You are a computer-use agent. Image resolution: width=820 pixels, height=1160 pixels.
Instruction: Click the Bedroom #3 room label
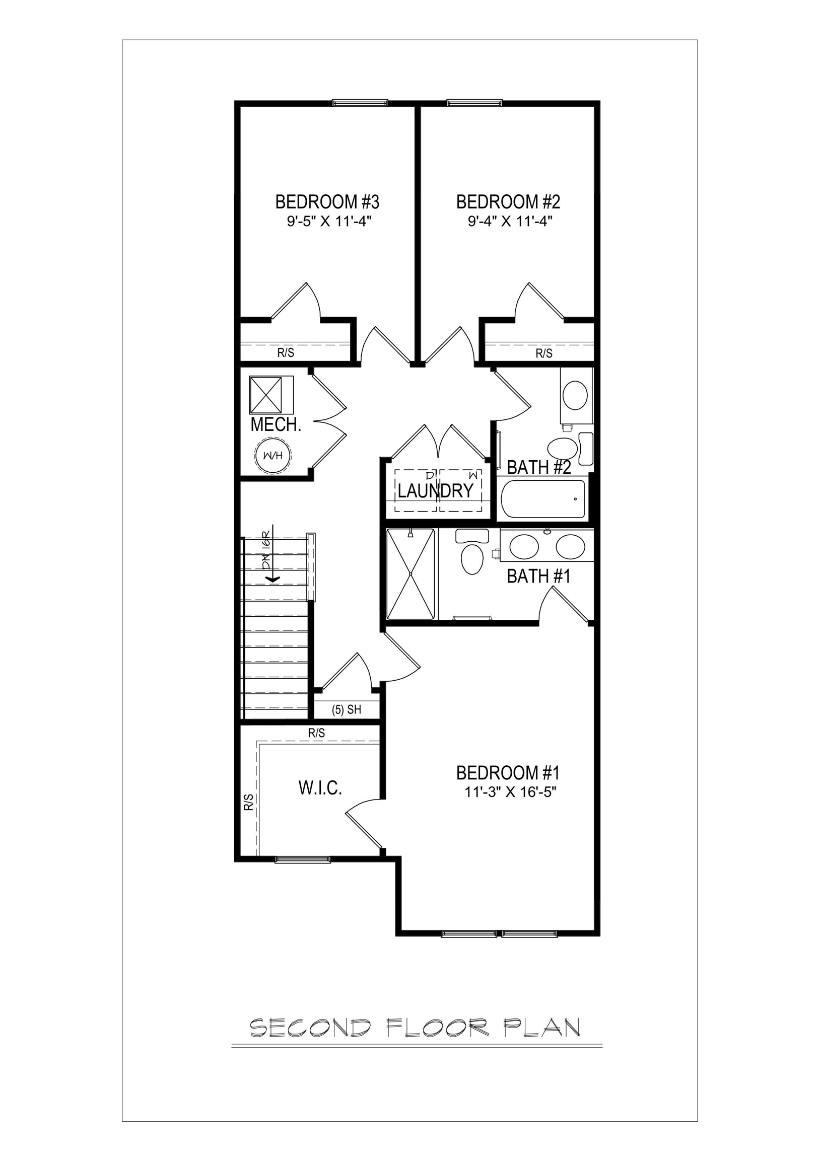(327, 202)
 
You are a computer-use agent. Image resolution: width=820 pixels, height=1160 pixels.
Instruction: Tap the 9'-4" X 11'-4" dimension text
(510, 222)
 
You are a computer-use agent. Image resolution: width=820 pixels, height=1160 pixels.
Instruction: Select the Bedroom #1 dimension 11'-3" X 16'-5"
(510, 791)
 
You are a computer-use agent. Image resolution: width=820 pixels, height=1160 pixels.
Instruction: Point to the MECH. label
(276, 425)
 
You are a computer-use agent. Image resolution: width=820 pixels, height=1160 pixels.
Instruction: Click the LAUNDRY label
(435, 490)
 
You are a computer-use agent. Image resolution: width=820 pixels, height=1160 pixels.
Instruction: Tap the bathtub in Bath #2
(543, 498)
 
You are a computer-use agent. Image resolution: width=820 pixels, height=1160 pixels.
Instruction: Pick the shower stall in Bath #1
(411, 574)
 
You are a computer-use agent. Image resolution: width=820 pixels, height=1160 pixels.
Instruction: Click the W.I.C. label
(320, 787)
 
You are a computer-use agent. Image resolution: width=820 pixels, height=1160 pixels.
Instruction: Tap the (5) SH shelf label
(347, 710)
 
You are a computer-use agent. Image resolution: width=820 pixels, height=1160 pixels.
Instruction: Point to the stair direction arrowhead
(273, 579)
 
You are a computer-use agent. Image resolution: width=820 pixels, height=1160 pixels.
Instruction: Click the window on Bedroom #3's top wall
(360, 103)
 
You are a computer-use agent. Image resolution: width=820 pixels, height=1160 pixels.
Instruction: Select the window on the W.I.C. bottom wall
(302, 859)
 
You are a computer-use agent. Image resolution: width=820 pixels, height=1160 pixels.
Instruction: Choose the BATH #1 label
(538, 576)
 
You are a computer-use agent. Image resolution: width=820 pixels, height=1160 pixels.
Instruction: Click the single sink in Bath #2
(575, 395)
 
